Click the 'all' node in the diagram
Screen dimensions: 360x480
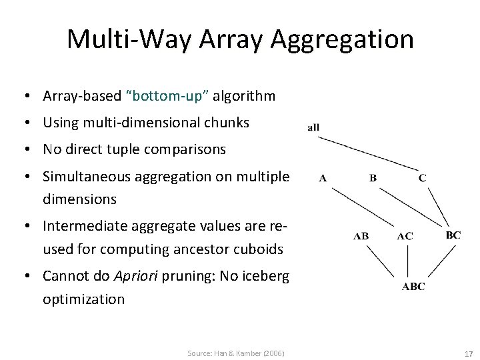(x=313, y=127)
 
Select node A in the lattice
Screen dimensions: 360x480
(x=323, y=178)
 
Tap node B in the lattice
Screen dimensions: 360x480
(x=373, y=178)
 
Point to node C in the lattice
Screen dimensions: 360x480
(x=423, y=178)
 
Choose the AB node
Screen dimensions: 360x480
(x=361, y=236)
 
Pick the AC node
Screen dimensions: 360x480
(x=405, y=236)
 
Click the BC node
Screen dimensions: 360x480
(x=453, y=235)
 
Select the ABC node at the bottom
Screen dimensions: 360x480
(x=413, y=287)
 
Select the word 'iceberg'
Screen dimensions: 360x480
(x=267, y=275)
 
